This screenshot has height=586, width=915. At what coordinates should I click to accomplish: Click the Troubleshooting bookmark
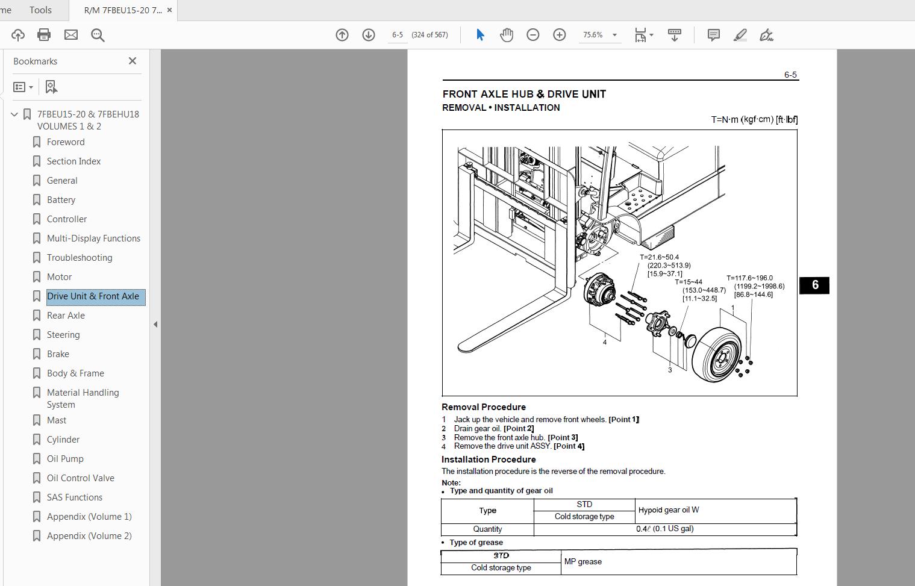tap(80, 258)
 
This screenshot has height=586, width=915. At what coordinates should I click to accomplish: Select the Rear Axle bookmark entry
tap(66, 316)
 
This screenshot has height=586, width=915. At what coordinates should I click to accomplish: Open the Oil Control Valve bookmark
tap(80, 478)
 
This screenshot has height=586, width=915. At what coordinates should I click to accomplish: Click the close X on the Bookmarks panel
tap(133, 61)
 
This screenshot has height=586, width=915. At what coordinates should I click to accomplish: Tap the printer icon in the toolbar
tap(44, 35)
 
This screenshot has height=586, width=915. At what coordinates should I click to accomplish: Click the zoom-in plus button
tap(559, 35)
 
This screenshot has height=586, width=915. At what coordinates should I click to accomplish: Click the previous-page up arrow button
tap(342, 35)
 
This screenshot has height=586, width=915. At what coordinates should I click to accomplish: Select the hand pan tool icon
tap(507, 35)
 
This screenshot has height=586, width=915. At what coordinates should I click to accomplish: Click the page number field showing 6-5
tap(398, 35)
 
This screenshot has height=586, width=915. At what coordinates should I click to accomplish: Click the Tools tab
tap(40, 10)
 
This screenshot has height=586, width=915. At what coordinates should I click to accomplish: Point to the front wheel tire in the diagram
tap(720, 355)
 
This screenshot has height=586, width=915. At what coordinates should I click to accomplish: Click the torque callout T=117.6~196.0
tap(749, 278)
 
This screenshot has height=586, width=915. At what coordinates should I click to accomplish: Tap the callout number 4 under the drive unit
tap(605, 342)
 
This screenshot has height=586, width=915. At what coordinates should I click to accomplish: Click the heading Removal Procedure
tap(484, 407)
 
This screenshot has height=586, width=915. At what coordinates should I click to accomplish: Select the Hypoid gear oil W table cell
tap(669, 510)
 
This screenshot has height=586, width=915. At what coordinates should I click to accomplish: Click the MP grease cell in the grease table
tap(583, 561)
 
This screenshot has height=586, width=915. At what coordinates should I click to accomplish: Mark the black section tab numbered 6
tap(814, 285)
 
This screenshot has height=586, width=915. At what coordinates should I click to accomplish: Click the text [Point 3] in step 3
tap(563, 438)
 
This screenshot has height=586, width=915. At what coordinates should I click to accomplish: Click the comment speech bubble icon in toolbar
tap(713, 35)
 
